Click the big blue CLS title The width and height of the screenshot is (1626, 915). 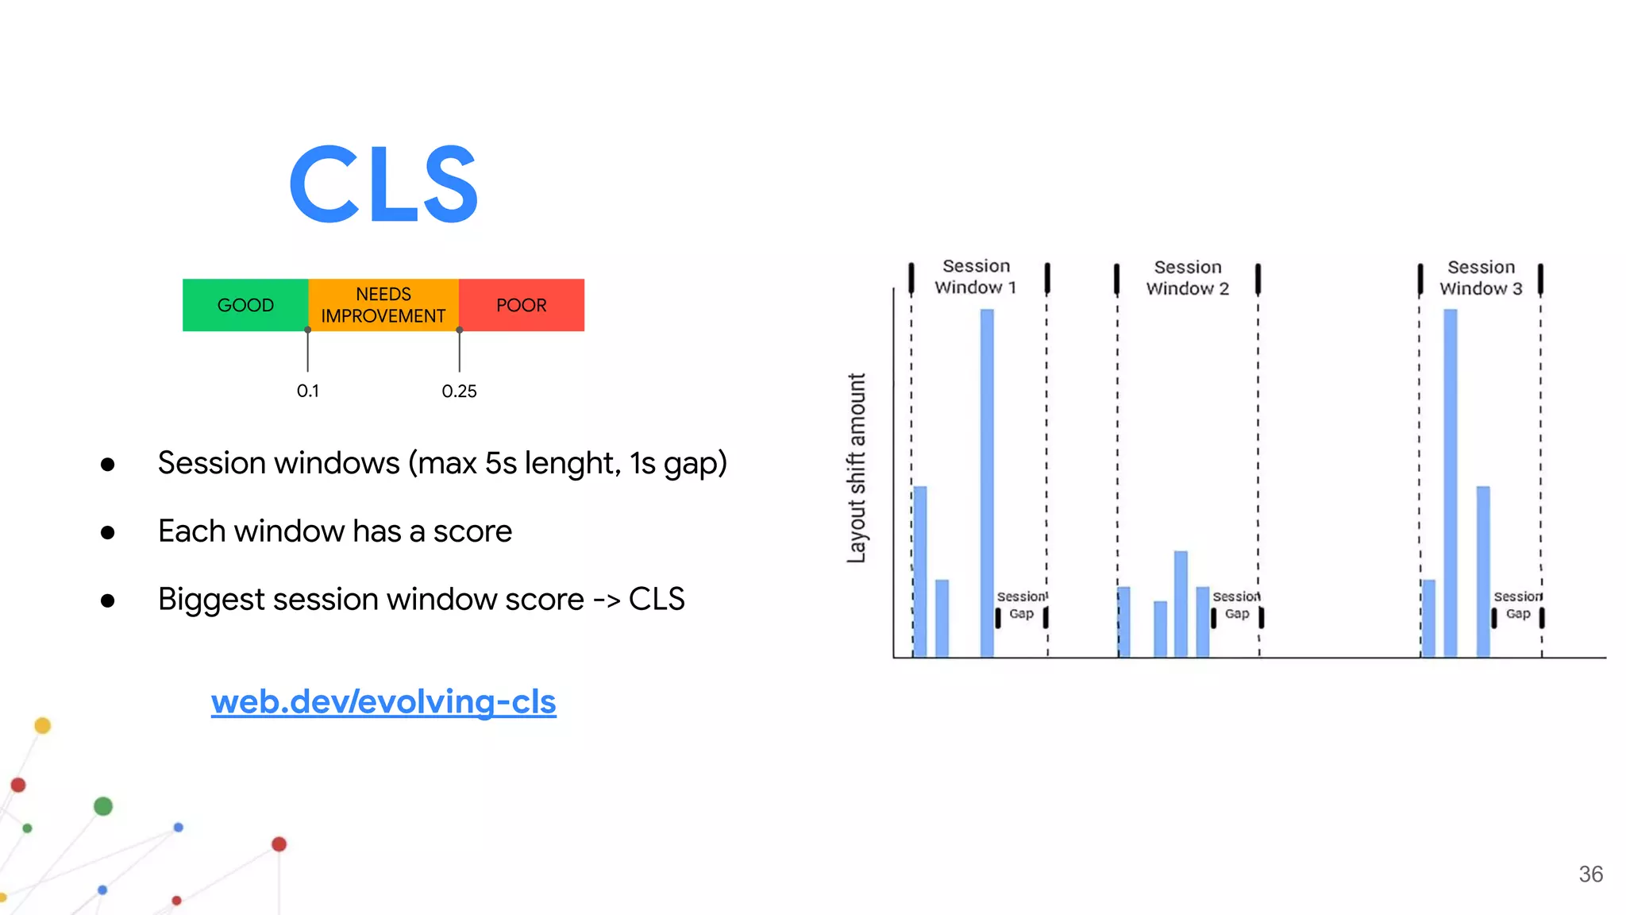pyautogui.click(x=383, y=184)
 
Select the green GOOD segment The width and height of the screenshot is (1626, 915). pyautogui.click(x=245, y=305)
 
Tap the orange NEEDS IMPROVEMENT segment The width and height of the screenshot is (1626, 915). pyautogui.click(x=383, y=305)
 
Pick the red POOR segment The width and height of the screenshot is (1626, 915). pyautogui.click(x=521, y=305)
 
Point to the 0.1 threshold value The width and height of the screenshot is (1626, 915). pyautogui.click(x=307, y=391)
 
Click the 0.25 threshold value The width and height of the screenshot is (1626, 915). pyautogui.click(x=459, y=391)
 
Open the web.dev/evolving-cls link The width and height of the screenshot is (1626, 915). pyautogui.click(x=383, y=702)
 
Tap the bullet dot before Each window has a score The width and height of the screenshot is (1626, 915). pyautogui.click(x=108, y=532)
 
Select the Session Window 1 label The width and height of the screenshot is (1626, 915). pyautogui.click(x=976, y=276)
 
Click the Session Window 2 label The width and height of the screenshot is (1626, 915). pyautogui.click(x=1187, y=277)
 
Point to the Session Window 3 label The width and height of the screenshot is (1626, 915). pyautogui.click(x=1481, y=277)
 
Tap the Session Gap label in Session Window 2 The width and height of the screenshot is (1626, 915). pyautogui.click(x=1236, y=605)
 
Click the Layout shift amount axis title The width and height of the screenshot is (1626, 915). pyautogui.click(x=857, y=469)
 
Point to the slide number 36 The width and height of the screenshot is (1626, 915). pyautogui.click(x=1590, y=874)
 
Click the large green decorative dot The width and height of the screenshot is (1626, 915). pyautogui.click(x=103, y=806)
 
